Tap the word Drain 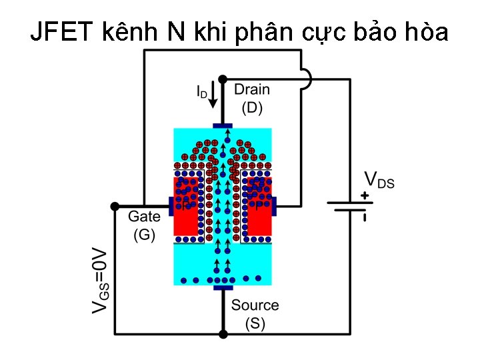(x=252, y=89)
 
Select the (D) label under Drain (x=252, y=107)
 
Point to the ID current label (x=201, y=91)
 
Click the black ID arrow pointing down (x=213, y=97)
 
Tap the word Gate (x=144, y=216)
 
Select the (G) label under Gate (x=145, y=234)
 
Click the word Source (x=255, y=305)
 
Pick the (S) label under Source (x=255, y=323)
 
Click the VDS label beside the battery (x=379, y=180)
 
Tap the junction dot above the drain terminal (x=223, y=79)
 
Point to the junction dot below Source (x=223, y=334)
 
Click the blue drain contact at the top (x=223, y=125)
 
